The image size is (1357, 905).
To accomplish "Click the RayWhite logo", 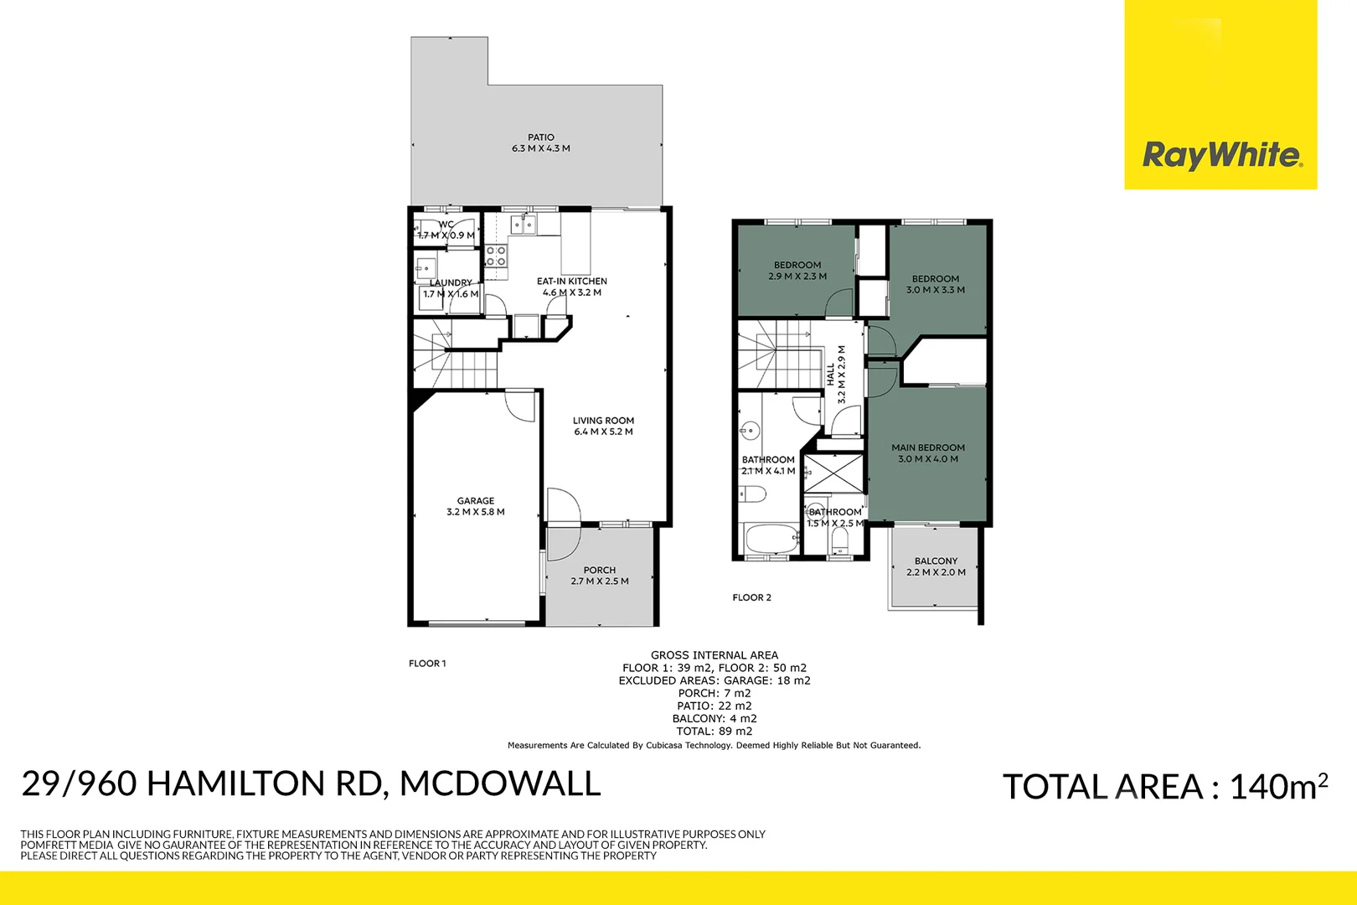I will [x=1220, y=156].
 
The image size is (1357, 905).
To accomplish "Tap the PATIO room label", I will [x=541, y=137].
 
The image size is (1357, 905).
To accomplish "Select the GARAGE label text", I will [x=476, y=501].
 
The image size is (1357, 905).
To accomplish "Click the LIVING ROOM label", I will [x=603, y=421].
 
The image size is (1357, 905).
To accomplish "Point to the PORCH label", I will [x=600, y=570].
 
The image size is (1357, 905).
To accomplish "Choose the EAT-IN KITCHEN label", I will [x=572, y=282].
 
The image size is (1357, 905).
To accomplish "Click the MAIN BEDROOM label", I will [x=928, y=447].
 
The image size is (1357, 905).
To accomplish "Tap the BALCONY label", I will [x=936, y=561].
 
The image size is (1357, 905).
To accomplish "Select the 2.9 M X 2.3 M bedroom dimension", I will [x=797, y=277].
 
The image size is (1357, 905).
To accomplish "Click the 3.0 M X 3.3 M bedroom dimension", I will [x=936, y=290].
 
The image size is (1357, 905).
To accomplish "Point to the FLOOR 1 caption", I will [x=427, y=664].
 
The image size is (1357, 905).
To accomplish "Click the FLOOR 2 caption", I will [x=751, y=597].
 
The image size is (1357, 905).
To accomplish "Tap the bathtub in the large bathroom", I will [x=771, y=540].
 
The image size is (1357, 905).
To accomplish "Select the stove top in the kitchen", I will [x=496, y=256].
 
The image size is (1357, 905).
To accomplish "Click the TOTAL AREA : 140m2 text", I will [x=1164, y=787].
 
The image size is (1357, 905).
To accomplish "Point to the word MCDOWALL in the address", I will [x=500, y=783].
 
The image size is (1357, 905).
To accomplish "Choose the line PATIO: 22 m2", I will [x=715, y=706].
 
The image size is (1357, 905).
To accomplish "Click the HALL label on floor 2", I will [x=830, y=374].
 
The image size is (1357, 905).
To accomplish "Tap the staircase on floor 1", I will [x=457, y=360].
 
